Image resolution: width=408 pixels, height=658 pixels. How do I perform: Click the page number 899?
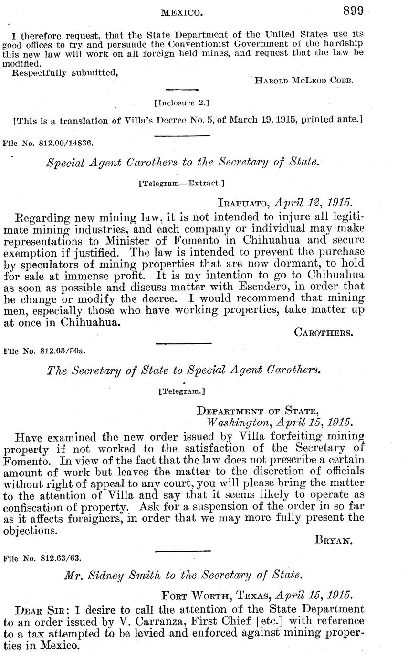353,10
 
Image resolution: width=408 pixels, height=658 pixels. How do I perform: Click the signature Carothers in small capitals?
324,332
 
